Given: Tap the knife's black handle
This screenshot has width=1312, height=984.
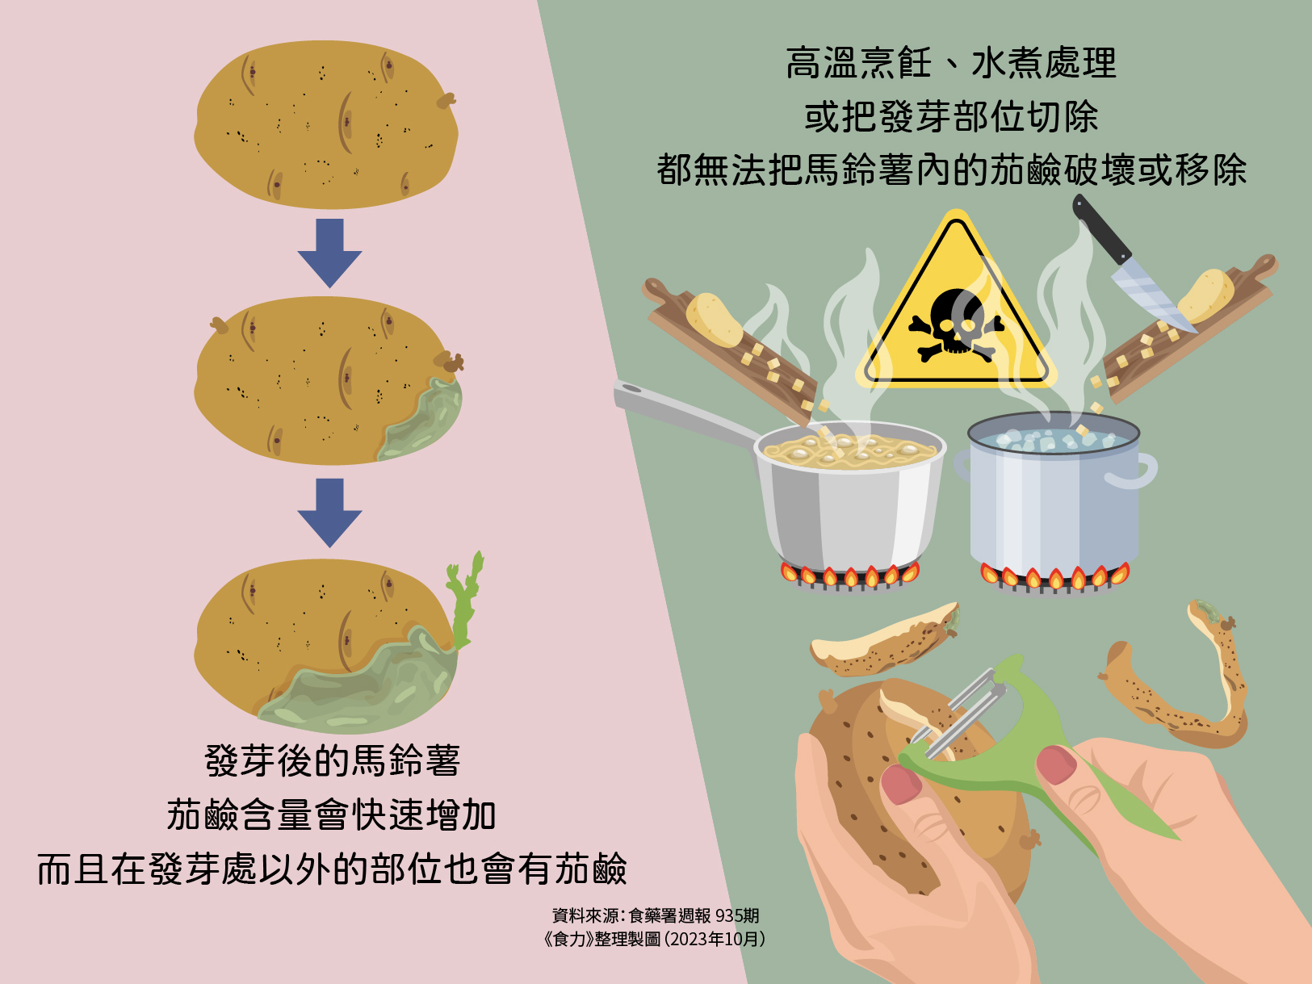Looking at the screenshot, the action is pyautogui.click(x=1100, y=229).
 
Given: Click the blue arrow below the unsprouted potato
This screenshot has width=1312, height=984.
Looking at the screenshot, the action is pyautogui.click(x=329, y=253).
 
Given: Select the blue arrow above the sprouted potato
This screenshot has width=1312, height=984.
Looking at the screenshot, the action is pyautogui.click(x=329, y=513).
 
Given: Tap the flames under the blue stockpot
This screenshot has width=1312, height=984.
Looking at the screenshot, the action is pyautogui.click(x=1055, y=576).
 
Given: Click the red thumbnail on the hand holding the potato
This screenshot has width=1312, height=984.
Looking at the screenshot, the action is pyautogui.click(x=901, y=785).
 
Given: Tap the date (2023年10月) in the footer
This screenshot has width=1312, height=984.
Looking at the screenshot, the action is pyautogui.click(x=714, y=939).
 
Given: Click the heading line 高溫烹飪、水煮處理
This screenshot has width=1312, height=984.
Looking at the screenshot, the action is pyautogui.click(x=951, y=63).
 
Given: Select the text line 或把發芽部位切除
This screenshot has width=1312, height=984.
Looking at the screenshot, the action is pyautogui.click(x=951, y=116).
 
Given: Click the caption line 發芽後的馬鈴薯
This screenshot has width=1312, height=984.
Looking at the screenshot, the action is pyautogui.click(x=333, y=760).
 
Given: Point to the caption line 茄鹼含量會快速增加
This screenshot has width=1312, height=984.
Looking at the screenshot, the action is pyautogui.click(x=331, y=814).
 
